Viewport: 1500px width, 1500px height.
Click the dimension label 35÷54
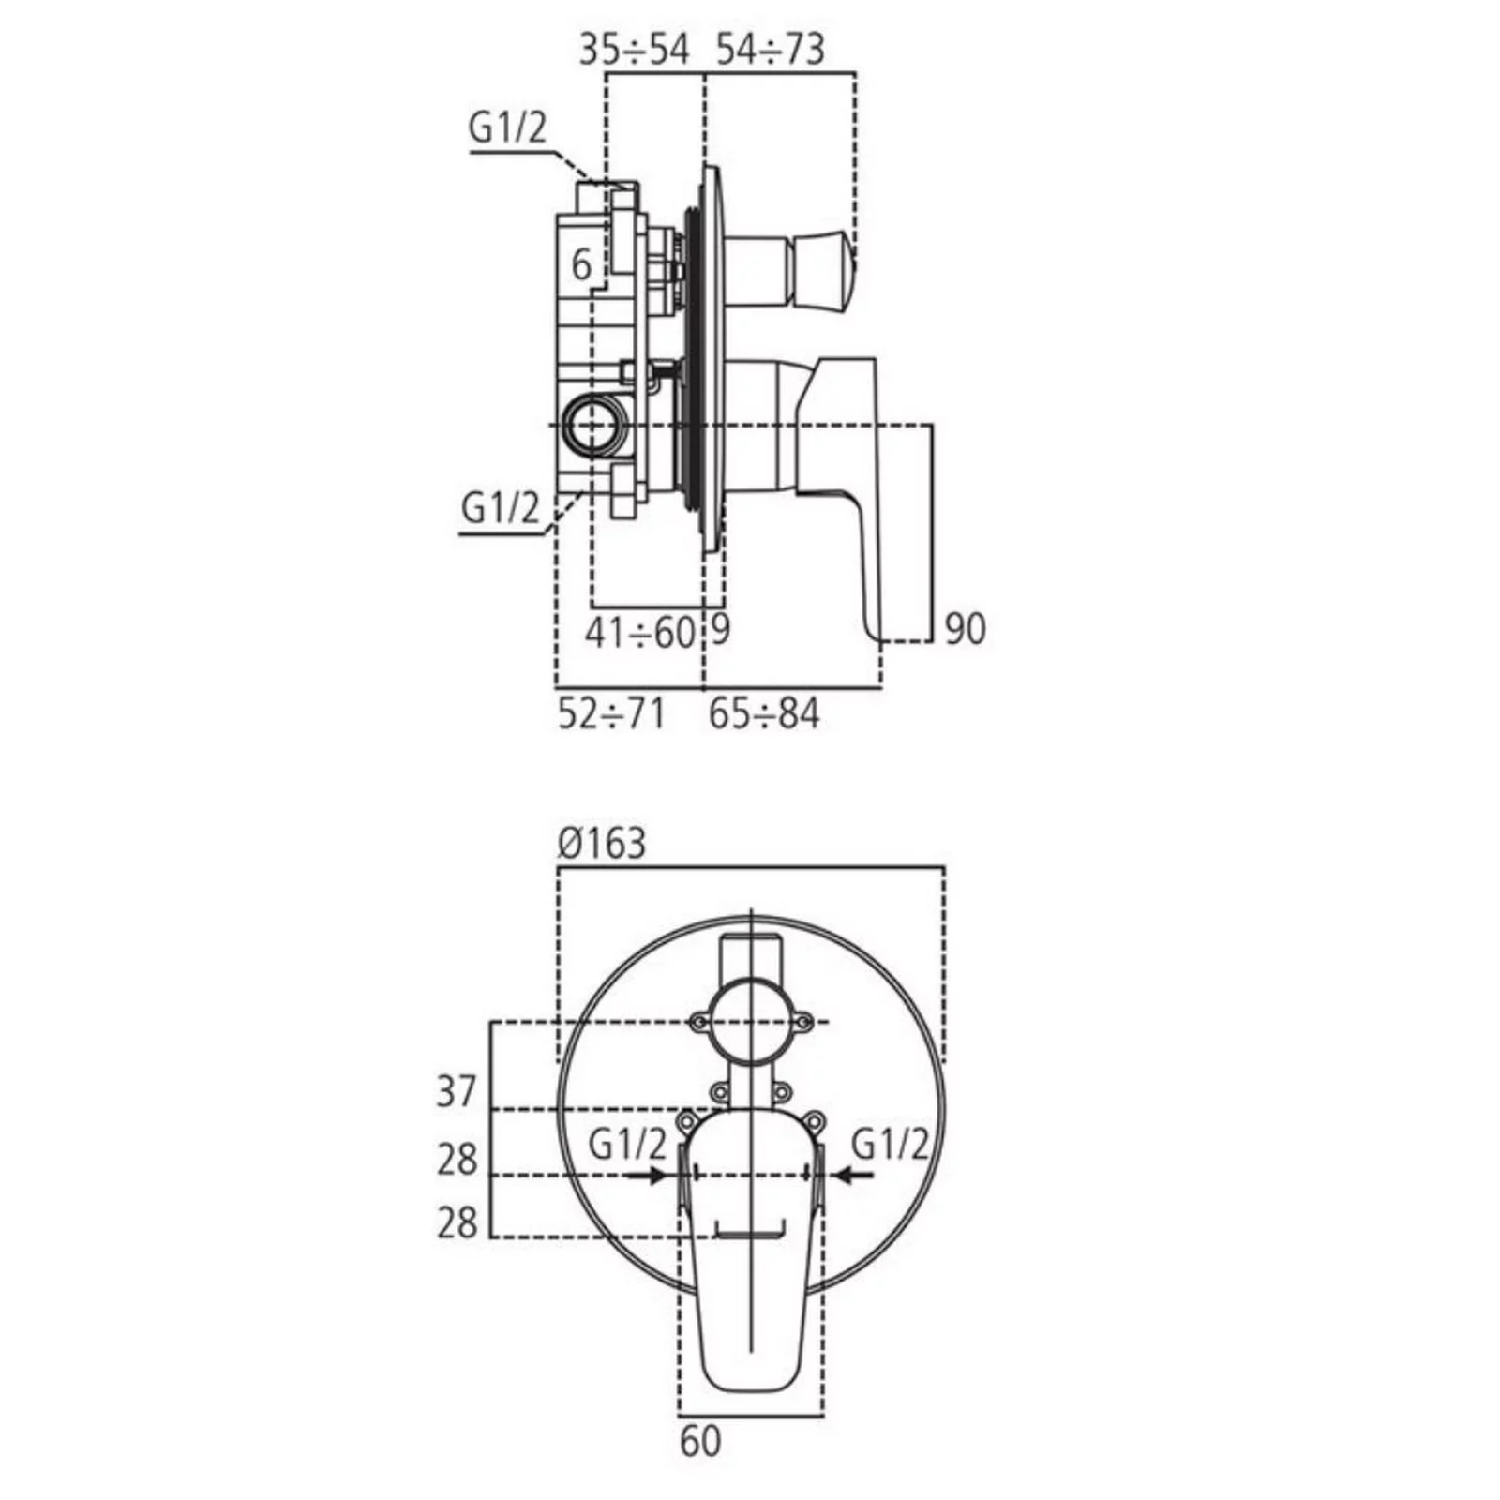click(634, 49)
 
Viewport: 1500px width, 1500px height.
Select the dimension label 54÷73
click(771, 49)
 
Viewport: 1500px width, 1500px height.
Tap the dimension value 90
click(965, 629)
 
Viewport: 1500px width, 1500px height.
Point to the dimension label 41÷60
click(639, 634)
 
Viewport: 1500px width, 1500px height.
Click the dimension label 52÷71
click(611, 714)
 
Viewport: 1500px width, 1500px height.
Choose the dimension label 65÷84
click(764, 714)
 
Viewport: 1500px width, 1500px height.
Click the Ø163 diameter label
click(602, 843)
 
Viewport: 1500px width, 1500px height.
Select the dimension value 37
click(457, 1092)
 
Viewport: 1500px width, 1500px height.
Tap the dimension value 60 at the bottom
click(700, 1441)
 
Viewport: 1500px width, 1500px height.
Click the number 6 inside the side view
click(581, 265)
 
